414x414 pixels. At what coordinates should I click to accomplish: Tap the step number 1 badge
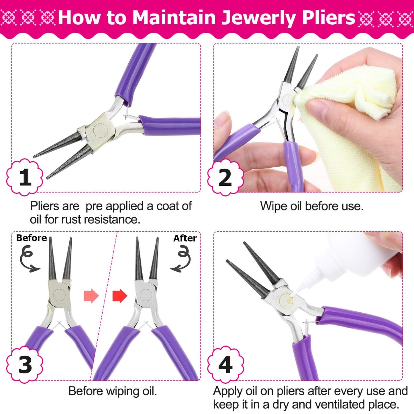[x=25, y=177]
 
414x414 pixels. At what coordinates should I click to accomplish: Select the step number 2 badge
[x=225, y=177]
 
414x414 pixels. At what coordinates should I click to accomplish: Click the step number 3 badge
[x=25, y=365]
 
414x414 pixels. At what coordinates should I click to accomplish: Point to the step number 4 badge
[x=225, y=365]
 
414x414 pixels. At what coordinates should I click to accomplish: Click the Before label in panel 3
[x=32, y=238]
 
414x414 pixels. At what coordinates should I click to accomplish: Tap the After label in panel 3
[x=185, y=238]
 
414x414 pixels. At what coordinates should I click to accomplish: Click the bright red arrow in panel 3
[x=119, y=296]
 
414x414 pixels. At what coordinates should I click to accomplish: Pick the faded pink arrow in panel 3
[x=91, y=296]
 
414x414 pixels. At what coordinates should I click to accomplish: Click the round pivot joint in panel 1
[x=100, y=130]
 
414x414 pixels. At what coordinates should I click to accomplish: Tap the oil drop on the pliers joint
[x=289, y=300]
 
